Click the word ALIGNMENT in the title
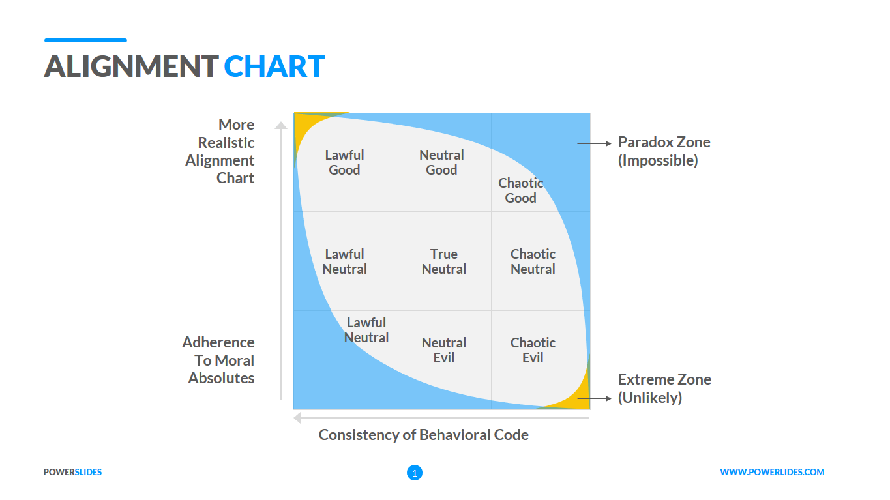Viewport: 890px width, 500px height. point(131,67)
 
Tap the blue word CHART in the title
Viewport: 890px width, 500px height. point(274,67)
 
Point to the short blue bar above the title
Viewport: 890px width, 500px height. point(85,40)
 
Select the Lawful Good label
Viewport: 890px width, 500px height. point(344,162)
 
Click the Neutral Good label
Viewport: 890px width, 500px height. point(441,162)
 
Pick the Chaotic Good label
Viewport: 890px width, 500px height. point(520,190)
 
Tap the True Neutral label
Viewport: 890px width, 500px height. point(443,261)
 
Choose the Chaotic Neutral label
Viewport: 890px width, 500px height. point(533,261)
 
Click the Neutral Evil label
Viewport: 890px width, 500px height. point(443,350)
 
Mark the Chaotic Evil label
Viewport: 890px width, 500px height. point(533,350)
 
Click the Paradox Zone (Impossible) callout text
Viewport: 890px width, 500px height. point(664,151)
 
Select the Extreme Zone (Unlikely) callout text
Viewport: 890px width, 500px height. point(664,389)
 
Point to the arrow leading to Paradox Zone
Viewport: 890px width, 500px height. point(594,143)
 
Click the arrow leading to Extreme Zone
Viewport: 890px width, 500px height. point(594,398)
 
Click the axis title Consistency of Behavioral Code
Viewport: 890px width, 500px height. point(423,435)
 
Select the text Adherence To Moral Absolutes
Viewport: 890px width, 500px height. point(219,360)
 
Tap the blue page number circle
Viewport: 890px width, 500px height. point(415,473)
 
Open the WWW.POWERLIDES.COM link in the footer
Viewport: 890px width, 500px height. point(772,472)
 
